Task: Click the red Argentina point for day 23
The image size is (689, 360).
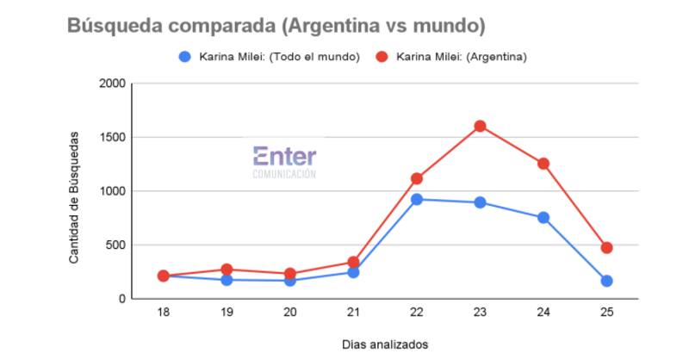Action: [x=480, y=126]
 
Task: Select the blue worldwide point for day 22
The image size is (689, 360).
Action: [x=416, y=199]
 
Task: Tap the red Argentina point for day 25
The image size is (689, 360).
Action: [x=606, y=247]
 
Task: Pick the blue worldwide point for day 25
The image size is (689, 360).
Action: [x=606, y=281]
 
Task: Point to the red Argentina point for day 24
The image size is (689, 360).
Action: [x=543, y=164]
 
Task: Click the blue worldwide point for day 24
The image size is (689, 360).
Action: [x=543, y=218]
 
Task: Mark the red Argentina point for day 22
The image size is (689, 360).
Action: [x=416, y=178]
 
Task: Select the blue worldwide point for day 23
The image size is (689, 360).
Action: [x=480, y=202]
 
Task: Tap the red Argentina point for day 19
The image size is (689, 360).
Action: [x=227, y=270]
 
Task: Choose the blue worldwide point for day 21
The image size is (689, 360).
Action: [x=353, y=272]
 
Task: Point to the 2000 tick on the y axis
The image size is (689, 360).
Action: [x=113, y=84]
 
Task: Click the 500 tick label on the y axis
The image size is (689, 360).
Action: [x=116, y=245]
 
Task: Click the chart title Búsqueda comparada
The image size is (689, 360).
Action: [x=276, y=26]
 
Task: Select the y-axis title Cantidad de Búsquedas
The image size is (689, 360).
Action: [x=75, y=197]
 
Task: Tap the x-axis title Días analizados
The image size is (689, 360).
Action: [x=384, y=344]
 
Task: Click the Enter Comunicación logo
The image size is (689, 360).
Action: [x=284, y=161]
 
